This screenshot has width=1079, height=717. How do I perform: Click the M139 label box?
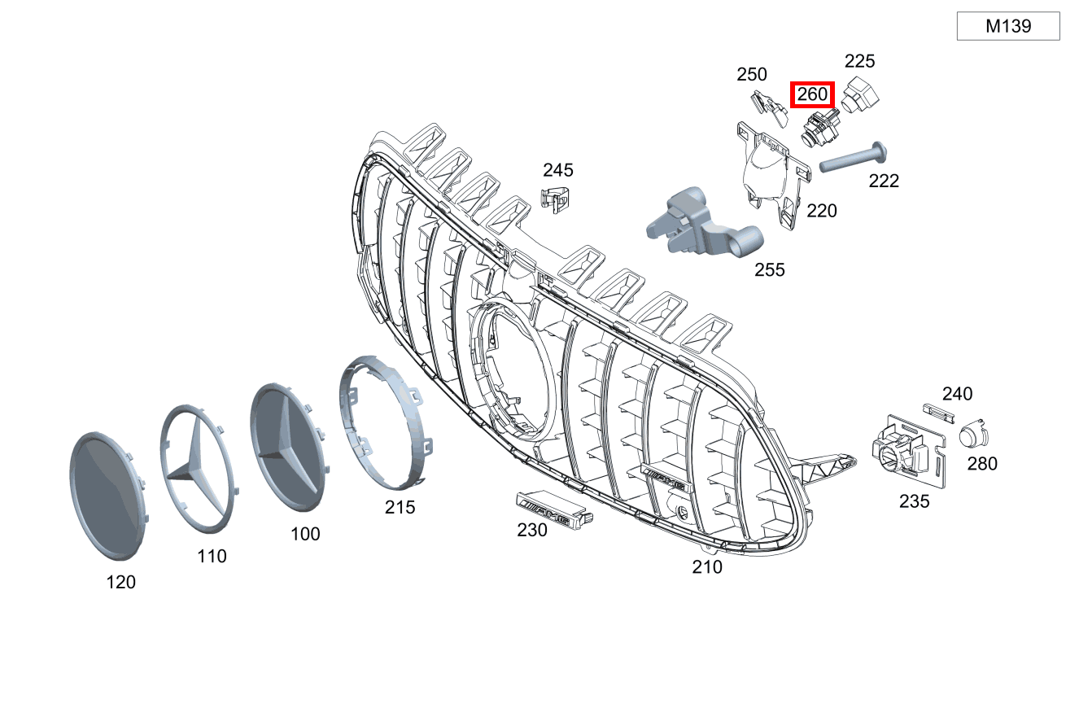click(x=1008, y=26)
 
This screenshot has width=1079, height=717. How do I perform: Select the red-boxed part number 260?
click(x=813, y=94)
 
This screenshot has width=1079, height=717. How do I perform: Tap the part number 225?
click(x=860, y=61)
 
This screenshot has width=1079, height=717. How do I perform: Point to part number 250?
click(x=752, y=74)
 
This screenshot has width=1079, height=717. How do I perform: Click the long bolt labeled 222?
click(x=853, y=157)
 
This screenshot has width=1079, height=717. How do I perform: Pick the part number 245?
click(x=558, y=170)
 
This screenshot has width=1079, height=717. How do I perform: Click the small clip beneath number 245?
click(x=555, y=200)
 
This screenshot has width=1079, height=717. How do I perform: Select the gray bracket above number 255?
click(x=704, y=223)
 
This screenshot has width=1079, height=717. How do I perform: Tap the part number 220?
click(x=822, y=211)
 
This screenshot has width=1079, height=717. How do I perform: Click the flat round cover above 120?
click(x=108, y=496)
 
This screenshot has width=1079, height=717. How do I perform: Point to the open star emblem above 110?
click(x=199, y=469)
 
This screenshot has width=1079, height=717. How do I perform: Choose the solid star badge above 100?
click(x=290, y=447)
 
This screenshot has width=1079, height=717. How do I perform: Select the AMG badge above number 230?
click(x=554, y=509)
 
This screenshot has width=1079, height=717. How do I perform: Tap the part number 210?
click(x=707, y=567)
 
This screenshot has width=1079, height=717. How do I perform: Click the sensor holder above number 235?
click(x=908, y=451)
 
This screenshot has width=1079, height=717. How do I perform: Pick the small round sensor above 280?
click(x=973, y=433)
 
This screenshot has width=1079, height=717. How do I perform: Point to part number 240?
click(x=958, y=394)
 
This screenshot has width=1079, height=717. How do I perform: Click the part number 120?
click(x=121, y=582)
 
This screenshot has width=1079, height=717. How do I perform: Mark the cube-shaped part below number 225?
click(x=860, y=95)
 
